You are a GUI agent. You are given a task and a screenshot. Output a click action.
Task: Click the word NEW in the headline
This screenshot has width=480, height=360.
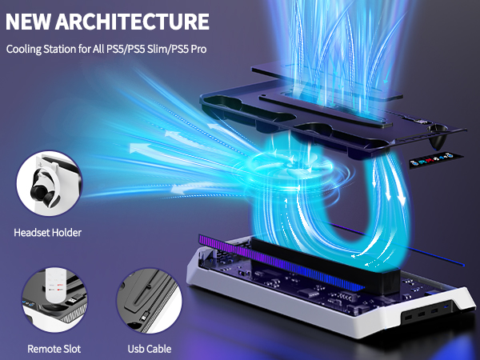point(28,22)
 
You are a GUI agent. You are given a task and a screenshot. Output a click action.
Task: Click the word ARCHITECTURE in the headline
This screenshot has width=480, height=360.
point(132,22)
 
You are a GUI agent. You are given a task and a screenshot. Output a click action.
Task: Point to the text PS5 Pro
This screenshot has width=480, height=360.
point(189,49)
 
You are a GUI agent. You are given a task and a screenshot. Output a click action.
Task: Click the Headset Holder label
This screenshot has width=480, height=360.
point(48,233)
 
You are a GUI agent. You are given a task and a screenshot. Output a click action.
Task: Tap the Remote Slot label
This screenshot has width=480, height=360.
point(54,349)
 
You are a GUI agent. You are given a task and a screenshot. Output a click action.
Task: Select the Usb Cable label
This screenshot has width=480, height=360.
point(150,349)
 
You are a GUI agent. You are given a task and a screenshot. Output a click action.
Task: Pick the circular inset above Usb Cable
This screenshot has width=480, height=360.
point(149,301)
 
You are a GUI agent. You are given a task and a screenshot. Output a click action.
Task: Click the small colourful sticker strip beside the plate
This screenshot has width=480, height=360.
point(436,160)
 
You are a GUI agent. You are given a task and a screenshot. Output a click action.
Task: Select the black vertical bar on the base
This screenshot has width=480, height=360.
point(325,267)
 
